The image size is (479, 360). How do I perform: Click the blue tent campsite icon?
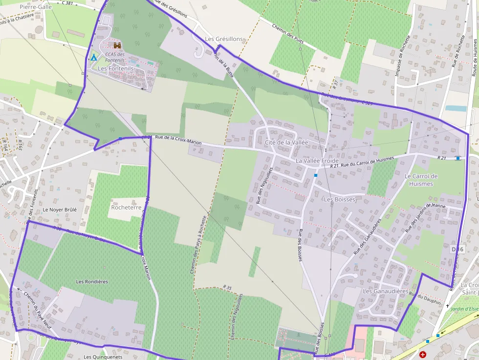click(93, 58)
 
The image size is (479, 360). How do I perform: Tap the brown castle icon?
click(117, 45)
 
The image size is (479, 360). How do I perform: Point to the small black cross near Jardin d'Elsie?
click(448, 306)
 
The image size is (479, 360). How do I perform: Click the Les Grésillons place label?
click(223, 39)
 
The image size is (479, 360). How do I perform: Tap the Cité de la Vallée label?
click(286, 142)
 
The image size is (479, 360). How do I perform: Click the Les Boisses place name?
click(339, 199)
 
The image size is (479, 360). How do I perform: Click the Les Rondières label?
click(92, 281)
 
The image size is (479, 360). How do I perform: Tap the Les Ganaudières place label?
click(385, 292)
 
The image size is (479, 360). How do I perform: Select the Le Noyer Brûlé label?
click(60, 210)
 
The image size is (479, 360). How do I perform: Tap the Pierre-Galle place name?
click(36, 7)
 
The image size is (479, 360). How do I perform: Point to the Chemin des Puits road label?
click(288, 35)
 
